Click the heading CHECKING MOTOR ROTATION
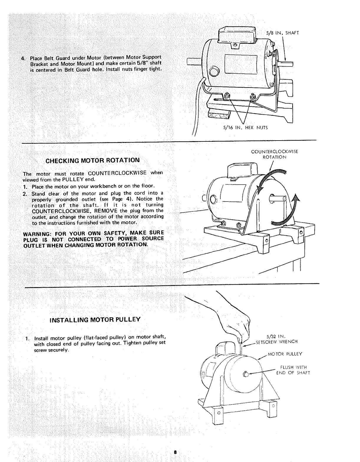click(93, 160)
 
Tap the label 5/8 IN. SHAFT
click(283, 33)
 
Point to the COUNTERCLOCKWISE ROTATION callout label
click(275, 154)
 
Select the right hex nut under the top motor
click(252, 96)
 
